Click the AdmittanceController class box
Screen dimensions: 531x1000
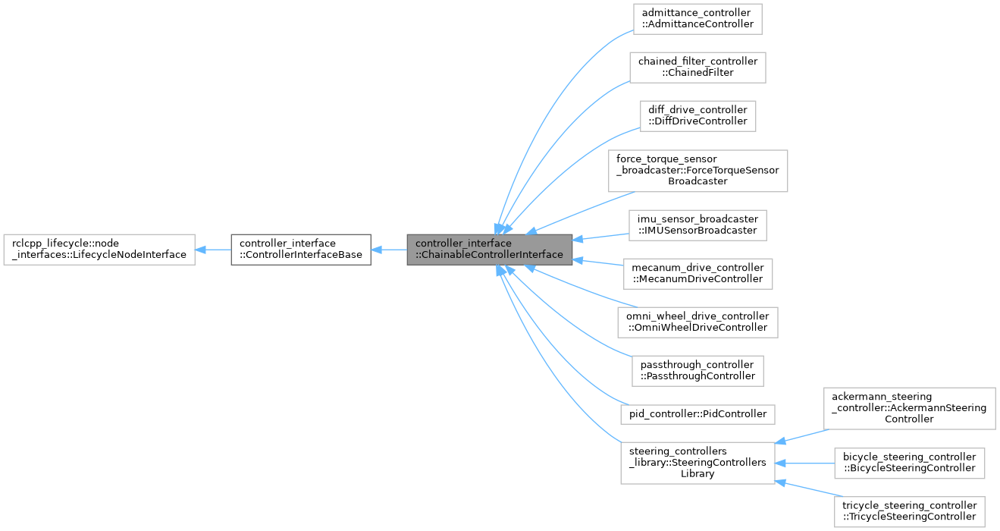tap(697, 18)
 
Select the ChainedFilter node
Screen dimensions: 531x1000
tap(697, 67)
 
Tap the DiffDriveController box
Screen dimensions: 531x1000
tap(697, 115)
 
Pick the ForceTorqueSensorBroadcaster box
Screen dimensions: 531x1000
tap(697, 170)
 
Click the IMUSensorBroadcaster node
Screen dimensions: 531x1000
tap(697, 225)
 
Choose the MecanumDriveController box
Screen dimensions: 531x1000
tap(697, 273)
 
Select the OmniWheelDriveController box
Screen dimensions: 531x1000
tap(697, 322)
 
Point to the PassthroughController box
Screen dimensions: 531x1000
tap(697, 370)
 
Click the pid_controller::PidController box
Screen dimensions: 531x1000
tap(697, 414)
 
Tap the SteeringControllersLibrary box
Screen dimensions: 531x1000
tap(697, 463)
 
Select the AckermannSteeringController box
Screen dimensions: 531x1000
tap(909, 408)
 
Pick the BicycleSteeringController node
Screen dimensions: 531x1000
tap(909, 463)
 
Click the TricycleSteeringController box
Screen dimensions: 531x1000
tap(909, 511)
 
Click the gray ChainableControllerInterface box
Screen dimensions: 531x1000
tap(489, 249)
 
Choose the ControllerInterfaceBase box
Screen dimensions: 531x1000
tap(300, 249)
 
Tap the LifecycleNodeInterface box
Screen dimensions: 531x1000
tap(99, 249)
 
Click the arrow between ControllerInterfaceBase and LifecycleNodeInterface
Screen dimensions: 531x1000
tap(213, 249)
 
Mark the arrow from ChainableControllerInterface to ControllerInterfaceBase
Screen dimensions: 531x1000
tap(389, 249)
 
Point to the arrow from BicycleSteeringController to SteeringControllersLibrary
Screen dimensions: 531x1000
tap(804, 463)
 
